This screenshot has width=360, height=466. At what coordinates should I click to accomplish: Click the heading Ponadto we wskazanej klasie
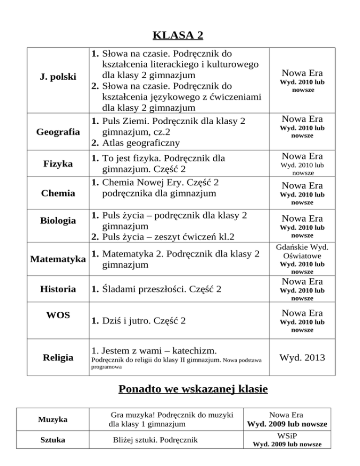coord(180,390)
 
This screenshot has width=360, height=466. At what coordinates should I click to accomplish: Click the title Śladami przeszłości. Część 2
coord(155,289)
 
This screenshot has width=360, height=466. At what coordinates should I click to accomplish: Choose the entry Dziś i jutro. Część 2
coord(138,321)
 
